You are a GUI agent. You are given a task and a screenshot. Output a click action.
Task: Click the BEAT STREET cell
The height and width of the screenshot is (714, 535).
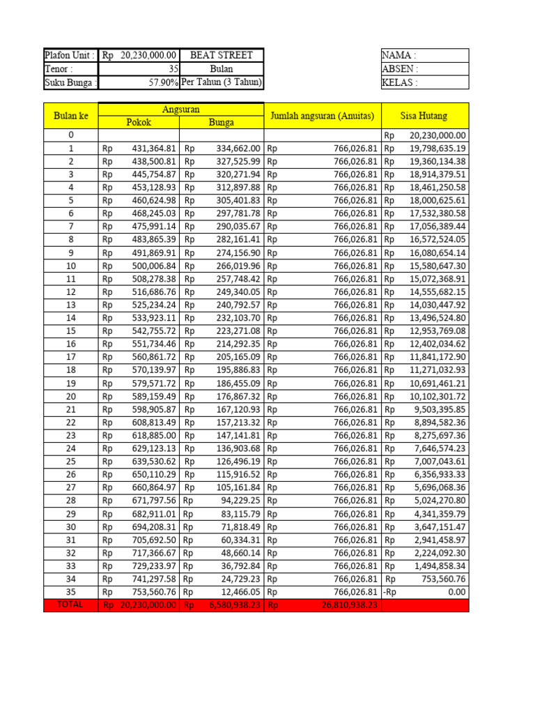point(222,56)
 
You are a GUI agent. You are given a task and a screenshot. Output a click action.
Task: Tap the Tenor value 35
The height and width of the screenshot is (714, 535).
point(173,69)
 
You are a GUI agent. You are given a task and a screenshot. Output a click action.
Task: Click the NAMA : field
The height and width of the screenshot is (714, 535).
point(424,56)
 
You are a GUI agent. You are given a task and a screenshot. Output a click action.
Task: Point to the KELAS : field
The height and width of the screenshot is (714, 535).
point(424,82)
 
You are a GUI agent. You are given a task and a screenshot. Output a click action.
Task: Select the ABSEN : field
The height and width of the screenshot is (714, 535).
point(424,69)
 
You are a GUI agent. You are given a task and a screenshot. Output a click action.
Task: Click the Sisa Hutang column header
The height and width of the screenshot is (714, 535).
point(424,116)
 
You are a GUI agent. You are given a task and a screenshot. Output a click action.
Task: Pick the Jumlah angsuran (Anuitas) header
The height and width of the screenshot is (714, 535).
point(323,116)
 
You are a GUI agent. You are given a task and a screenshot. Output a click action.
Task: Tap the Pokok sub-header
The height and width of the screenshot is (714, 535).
point(139,122)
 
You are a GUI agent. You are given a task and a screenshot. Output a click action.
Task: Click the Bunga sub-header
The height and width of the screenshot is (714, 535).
point(222,122)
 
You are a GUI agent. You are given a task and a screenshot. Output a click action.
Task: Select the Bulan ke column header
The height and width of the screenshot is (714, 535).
point(70,116)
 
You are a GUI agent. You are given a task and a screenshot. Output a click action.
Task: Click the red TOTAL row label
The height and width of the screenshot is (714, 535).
point(70,605)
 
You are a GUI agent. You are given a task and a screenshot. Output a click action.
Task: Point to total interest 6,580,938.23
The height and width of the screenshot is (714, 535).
point(234,605)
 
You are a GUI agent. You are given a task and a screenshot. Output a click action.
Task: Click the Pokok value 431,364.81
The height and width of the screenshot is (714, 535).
point(154,149)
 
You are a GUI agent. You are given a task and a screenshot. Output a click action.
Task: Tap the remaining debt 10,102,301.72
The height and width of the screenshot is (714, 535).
point(437,396)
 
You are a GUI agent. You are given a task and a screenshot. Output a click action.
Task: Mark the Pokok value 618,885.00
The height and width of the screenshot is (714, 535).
point(154,435)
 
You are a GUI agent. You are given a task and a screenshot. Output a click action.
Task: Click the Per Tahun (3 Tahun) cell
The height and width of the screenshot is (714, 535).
point(222,82)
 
